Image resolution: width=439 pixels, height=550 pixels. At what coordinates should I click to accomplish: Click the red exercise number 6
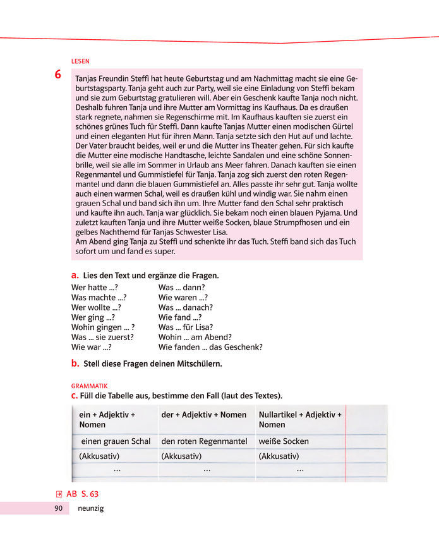(58, 75)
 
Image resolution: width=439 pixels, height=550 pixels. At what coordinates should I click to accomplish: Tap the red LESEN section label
(80, 61)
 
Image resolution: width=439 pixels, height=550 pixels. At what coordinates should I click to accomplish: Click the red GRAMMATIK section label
(90, 385)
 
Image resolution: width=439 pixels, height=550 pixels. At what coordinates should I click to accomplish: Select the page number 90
(57, 508)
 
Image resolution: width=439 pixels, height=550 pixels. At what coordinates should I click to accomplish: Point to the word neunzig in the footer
(91, 508)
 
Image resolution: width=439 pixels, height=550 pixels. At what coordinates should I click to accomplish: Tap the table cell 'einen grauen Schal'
(116, 441)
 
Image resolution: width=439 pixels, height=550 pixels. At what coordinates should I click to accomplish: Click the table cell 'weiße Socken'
(284, 441)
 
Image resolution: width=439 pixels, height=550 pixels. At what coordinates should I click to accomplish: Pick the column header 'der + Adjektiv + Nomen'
(204, 415)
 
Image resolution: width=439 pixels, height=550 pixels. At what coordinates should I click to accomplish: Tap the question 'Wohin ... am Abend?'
(195, 337)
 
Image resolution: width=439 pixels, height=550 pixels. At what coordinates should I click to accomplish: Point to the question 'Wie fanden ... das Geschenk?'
(210, 347)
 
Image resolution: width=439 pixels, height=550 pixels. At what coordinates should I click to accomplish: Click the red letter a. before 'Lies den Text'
(75, 276)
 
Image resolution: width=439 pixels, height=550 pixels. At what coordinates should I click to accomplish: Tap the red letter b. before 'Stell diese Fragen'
(75, 364)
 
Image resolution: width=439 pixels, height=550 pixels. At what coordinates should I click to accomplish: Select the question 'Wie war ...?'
(92, 347)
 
